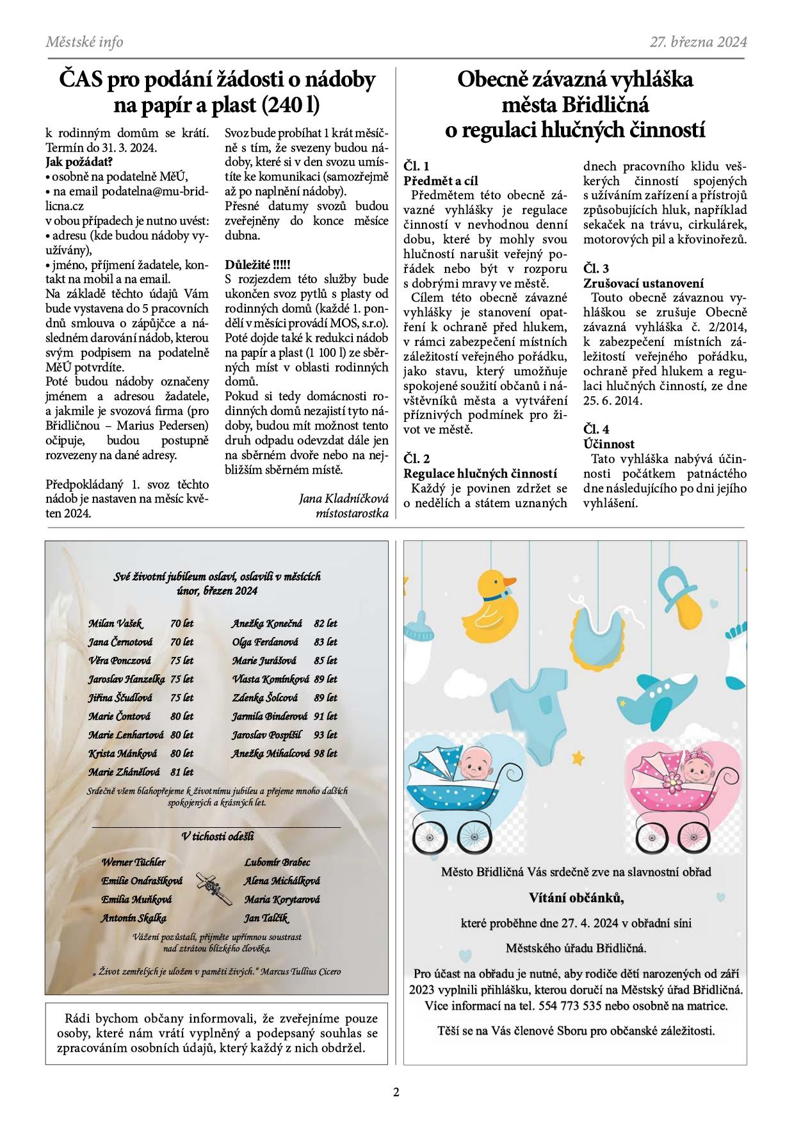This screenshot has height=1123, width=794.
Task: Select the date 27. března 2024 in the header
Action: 698,42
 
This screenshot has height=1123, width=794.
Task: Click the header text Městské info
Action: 84,42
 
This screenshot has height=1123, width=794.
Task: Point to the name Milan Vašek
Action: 115,623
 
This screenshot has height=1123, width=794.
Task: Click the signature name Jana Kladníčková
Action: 344,498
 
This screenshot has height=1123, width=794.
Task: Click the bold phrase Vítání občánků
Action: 576,898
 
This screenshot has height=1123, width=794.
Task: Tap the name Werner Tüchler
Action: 133,862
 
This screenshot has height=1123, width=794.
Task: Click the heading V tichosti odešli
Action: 218,836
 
